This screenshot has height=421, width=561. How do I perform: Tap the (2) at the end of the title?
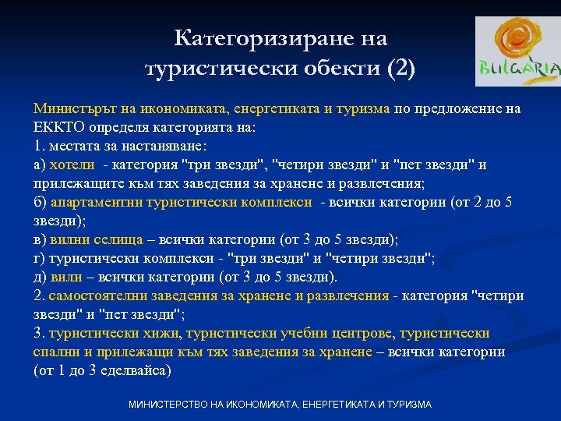click(401, 69)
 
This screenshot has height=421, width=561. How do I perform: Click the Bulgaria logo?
click(517, 51)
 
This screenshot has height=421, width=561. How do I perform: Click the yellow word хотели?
click(72, 165)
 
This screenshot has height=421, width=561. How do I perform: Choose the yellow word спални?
click(54, 352)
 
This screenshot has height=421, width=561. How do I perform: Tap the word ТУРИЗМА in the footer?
click(404, 405)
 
